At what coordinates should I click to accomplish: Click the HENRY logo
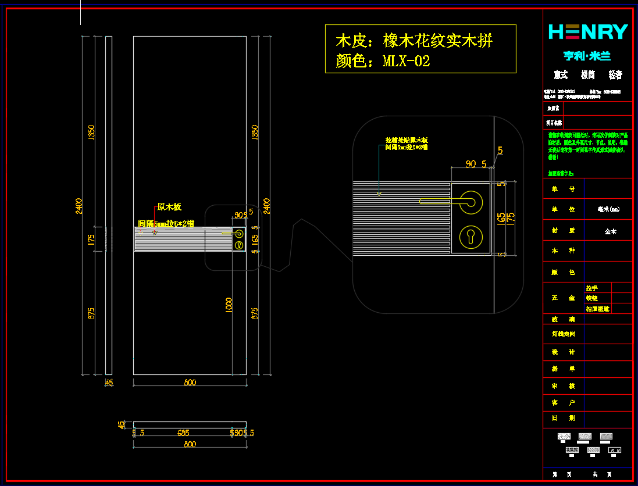point(588,31)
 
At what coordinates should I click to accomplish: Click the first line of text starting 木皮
point(414,41)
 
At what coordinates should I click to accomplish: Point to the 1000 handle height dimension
point(229,306)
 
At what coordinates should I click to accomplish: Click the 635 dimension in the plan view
point(184,433)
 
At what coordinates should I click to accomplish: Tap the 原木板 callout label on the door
point(169,207)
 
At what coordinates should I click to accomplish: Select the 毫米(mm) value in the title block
point(608,209)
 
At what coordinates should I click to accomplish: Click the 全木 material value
point(610,231)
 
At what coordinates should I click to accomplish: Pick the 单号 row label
point(563,188)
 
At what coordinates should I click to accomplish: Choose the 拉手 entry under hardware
point(591,288)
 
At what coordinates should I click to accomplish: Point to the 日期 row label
point(563,417)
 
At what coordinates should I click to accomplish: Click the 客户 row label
point(563,402)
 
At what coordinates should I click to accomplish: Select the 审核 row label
point(563,385)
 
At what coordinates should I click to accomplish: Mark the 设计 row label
point(563,352)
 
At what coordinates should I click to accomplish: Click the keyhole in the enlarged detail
point(471,236)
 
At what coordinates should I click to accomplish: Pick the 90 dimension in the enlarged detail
point(471,164)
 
